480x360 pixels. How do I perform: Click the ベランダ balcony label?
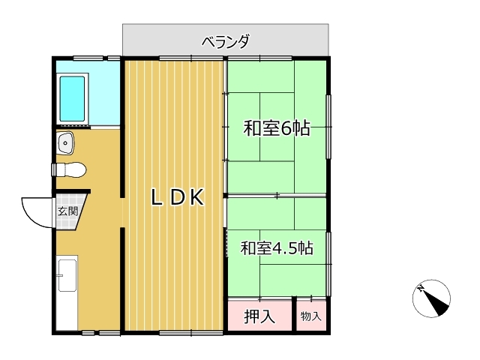tap(226, 42)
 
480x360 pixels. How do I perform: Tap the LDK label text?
tap(178, 197)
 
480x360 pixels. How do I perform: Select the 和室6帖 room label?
tap(277, 128)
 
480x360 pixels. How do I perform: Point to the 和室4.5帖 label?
tap(277, 248)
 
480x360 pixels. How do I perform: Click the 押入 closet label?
tap(259, 316)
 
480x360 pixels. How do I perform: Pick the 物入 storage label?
tap(311, 316)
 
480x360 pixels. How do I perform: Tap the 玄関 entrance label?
tap(68, 211)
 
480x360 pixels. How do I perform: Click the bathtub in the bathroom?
tap(72, 99)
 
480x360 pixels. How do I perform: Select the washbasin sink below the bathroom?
tap(65, 142)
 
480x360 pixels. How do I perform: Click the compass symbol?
tap(432, 298)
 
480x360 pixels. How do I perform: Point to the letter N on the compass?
tap(421, 288)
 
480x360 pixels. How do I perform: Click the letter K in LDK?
tap(197, 197)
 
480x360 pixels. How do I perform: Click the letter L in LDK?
tap(157, 197)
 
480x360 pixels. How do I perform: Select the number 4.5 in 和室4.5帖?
tap(284, 248)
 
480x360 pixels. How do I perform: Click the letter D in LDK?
tap(177, 197)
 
